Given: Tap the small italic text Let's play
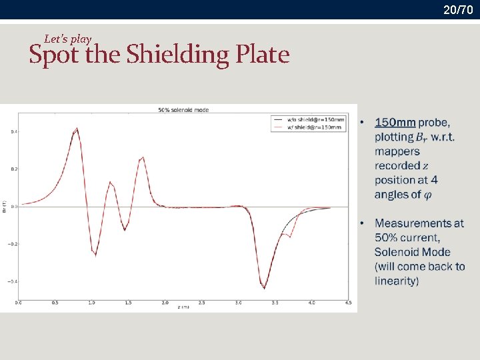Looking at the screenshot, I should click(67, 39).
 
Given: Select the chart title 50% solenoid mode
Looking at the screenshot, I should click(182, 109).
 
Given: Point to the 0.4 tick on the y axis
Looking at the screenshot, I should click(13, 132).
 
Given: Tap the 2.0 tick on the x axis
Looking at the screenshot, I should click(165, 303).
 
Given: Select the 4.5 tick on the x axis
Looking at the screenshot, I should click(348, 303).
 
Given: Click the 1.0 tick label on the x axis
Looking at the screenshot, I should click(91, 303).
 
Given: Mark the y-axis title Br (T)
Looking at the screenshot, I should click(5, 207).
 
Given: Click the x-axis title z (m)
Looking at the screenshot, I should click(183, 307).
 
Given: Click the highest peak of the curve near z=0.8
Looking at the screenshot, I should click(77, 128).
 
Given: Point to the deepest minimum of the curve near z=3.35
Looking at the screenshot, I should click(264, 288).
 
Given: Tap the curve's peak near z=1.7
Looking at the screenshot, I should click(143, 158).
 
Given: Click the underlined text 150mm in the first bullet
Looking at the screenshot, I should click(395, 123).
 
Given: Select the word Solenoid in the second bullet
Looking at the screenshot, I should click(403, 252).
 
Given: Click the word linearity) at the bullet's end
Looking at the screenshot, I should click(397, 281).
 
